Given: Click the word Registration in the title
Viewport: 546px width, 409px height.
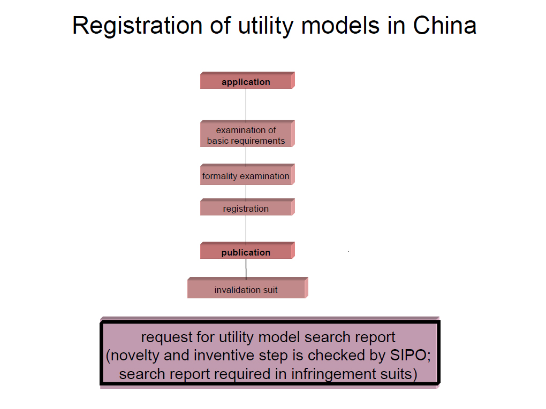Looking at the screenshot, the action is pyautogui.click(x=137, y=26).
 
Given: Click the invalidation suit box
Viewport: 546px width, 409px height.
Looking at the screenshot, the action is pyautogui.click(x=248, y=288).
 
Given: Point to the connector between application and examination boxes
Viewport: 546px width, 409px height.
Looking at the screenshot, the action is pyautogui.click(x=246, y=105).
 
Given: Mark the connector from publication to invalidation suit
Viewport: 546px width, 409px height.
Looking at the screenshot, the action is pyautogui.click(x=246, y=269).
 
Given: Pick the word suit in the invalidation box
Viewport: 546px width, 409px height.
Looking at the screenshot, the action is pyautogui.click(x=270, y=290).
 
